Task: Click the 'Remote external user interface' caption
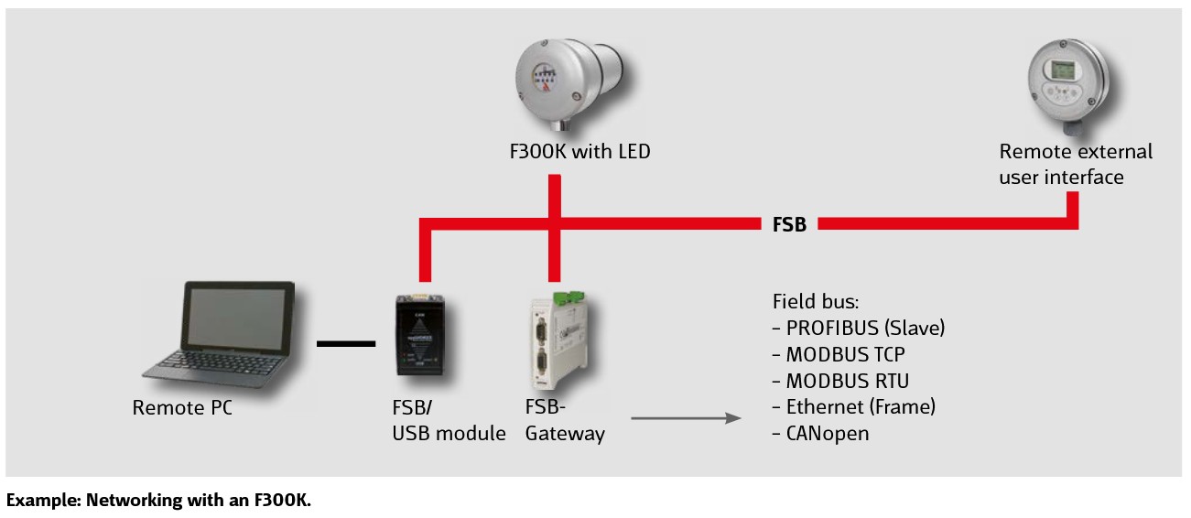tap(1076, 164)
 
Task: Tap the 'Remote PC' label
tap(182, 408)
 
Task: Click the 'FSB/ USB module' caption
tap(449, 420)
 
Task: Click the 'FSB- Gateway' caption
tap(565, 420)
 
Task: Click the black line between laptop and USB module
tap(346, 344)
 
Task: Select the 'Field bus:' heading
tap(814, 300)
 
